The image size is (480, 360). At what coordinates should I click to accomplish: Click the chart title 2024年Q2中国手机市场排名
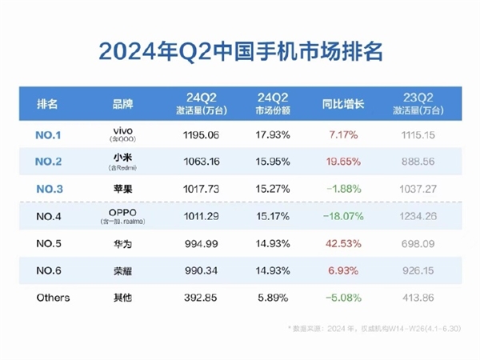click(240, 52)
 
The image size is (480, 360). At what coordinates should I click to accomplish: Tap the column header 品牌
click(123, 104)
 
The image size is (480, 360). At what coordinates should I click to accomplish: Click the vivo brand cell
click(123, 133)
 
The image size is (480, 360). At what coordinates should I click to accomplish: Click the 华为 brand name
click(123, 243)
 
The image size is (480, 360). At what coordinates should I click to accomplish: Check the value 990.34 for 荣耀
click(197, 270)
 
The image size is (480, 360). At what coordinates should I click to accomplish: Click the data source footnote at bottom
click(382, 329)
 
